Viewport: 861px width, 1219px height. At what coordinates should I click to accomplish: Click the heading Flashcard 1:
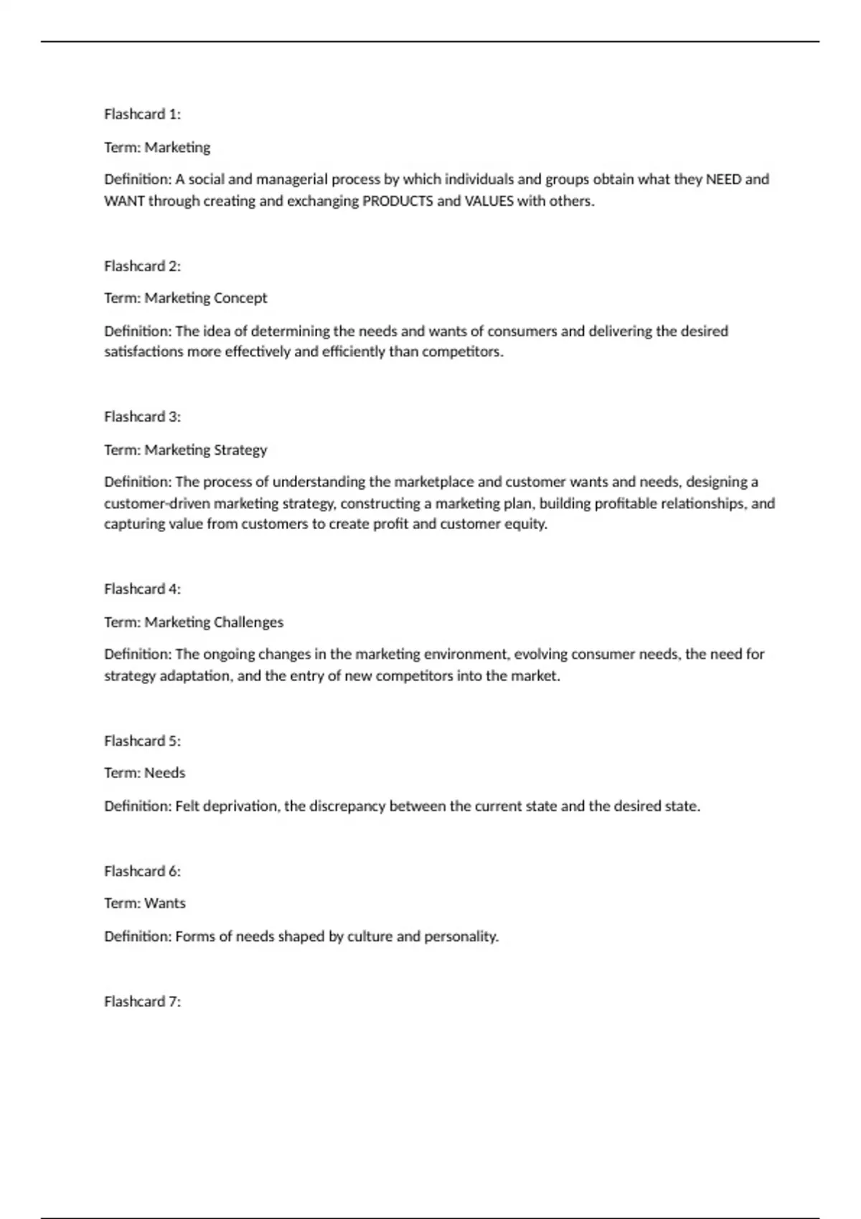click(x=142, y=114)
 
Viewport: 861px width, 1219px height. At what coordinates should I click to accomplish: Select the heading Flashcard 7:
click(x=142, y=1001)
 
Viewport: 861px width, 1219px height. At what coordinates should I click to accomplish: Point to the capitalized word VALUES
click(x=489, y=201)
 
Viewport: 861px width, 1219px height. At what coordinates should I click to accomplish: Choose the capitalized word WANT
click(x=124, y=201)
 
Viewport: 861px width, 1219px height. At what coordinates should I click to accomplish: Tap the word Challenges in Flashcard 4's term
click(x=248, y=622)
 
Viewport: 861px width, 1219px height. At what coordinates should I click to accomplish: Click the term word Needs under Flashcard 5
click(x=164, y=773)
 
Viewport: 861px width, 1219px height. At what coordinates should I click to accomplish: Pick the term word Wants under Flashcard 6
click(x=164, y=903)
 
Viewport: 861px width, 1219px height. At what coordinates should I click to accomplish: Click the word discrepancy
click(x=347, y=806)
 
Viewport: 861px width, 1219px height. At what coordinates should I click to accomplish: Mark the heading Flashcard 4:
click(x=142, y=589)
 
